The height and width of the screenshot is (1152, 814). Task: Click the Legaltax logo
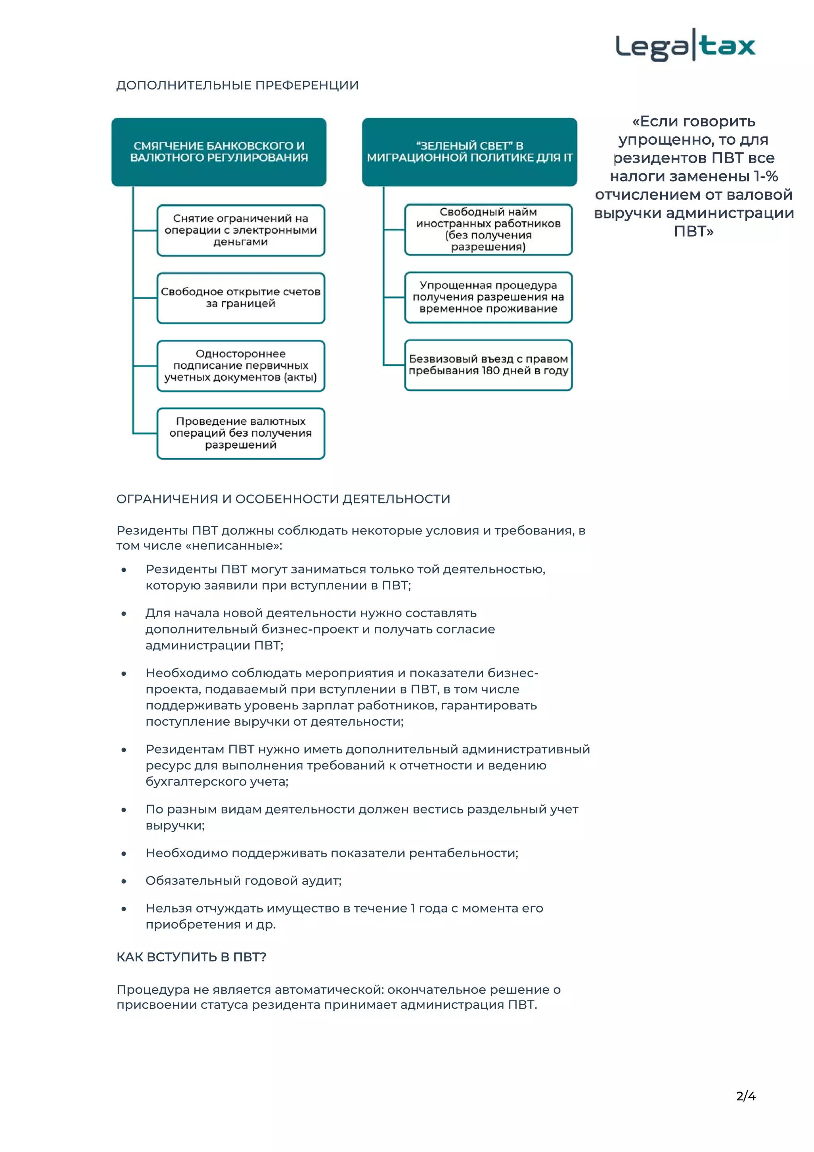click(x=685, y=46)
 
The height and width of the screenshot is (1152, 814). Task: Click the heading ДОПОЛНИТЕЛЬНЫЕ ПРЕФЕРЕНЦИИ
click(x=237, y=85)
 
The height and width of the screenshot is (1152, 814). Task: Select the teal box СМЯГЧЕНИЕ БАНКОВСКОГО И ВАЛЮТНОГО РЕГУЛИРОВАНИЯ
click(x=219, y=152)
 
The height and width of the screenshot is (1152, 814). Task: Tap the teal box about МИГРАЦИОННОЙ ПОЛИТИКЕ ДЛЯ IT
click(x=469, y=152)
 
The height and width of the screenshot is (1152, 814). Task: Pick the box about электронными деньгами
click(x=241, y=230)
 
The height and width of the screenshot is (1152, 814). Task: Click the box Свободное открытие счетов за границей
click(x=241, y=298)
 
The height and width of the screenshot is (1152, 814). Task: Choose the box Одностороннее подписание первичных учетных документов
click(x=241, y=366)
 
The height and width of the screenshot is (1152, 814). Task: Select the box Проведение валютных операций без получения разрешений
click(x=241, y=433)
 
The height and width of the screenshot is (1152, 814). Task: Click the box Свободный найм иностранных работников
click(x=488, y=230)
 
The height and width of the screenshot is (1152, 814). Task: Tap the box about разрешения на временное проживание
click(x=488, y=297)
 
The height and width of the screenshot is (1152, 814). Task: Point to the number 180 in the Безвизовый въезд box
click(x=490, y=371)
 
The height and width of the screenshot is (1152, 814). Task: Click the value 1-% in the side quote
click(x=766, y=177)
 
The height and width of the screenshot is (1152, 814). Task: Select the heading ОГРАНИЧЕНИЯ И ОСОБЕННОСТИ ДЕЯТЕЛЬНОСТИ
click(x=283, y=499)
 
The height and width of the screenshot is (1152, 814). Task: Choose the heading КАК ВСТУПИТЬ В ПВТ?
click(x=191, y=957)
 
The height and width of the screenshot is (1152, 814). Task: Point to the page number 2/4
click(x=745, y=1096)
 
